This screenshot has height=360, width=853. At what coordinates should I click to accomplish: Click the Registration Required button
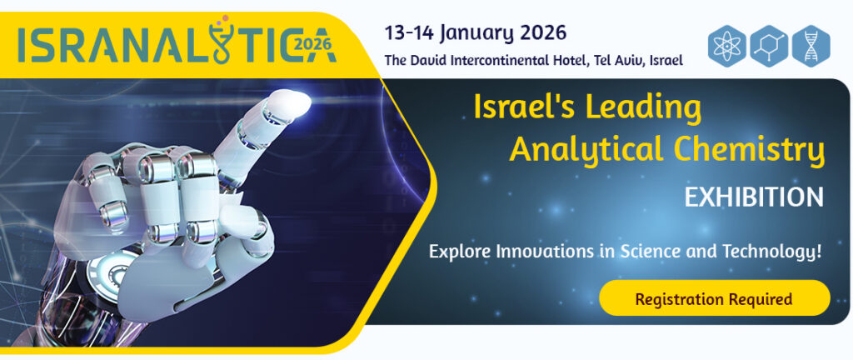coord(714,298)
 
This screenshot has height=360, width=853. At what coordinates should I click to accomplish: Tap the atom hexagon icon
coord(726,46)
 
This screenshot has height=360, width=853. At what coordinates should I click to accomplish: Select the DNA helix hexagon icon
coord(811,46)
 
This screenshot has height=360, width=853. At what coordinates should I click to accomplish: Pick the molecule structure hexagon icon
coord(769,46)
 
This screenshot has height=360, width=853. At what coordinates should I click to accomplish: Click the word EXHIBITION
coord(754,197)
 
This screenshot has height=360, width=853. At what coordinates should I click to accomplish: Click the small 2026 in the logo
coord(312,43)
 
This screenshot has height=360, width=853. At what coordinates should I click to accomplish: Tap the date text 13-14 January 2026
coord(476,33)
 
